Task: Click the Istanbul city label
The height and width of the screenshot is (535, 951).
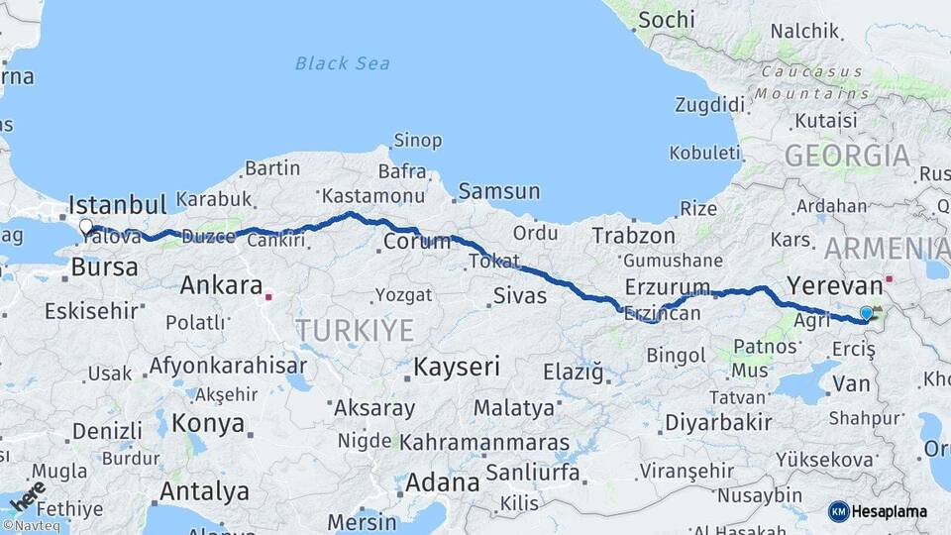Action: [117, 206]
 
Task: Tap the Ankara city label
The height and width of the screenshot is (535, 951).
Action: [221, 286]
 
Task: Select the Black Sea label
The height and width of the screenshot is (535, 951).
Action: [344, 63]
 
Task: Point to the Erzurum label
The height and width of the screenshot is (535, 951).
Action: [668, 288]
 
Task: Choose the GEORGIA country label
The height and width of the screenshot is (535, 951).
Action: [847, 156]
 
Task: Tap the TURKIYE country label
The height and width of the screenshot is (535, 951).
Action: [355, 330]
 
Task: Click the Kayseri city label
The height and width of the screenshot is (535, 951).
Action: [457, 367]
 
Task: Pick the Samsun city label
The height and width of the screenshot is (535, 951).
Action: [498, 191]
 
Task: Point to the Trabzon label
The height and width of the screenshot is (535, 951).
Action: [633, 236]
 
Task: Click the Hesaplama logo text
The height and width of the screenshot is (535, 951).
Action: [890, 511]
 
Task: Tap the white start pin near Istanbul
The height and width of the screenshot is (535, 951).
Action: [86, 227]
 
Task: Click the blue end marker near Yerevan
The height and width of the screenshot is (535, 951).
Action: [867, 313]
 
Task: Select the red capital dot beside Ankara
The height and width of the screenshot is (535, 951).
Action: [267, 294]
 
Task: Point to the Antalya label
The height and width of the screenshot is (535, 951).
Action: [204, 490]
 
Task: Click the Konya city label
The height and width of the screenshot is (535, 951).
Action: [208, 423]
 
